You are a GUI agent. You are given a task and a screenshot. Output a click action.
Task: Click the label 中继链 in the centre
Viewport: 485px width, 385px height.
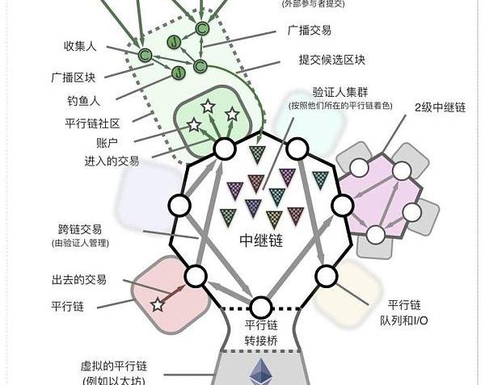click(x=261, y=241)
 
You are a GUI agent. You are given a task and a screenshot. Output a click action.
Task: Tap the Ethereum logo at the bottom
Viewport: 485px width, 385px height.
click(x=261, y=371)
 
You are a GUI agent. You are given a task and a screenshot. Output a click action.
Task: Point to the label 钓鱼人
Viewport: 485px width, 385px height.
click(x=84, y=101)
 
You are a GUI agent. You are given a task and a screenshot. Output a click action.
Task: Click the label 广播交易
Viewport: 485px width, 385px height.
click(x=310, y=30)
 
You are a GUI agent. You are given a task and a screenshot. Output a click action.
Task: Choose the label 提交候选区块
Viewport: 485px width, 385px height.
click(x=332, y=60)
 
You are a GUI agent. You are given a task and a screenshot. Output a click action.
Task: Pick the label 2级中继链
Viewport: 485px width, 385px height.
click(x=441, y=107)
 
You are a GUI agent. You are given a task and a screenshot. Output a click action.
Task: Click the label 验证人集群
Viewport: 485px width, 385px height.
click(x=340, y=92)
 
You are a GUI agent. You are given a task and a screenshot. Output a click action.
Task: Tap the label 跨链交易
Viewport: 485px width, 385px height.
click(x=80, y=229)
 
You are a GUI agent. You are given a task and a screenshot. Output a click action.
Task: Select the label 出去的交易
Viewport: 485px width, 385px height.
click(x=79, y=280)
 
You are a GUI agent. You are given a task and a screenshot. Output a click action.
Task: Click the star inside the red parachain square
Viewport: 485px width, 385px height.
click(x=158, y=305)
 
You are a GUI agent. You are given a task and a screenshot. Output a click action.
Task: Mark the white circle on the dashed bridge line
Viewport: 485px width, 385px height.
click(x=261, y=308)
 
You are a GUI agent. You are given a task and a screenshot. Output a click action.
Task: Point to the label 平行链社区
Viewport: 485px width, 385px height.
click(x=92, y=123)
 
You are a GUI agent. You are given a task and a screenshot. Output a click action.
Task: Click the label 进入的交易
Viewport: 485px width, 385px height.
click(x=112, y=161)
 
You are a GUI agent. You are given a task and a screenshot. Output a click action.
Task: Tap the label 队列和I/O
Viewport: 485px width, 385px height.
click(x=404, y=320)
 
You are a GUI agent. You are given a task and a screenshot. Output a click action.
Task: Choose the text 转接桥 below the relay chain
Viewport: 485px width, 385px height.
click(x=261, y=341)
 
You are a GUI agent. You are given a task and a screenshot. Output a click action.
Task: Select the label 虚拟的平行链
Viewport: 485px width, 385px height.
click(x=114, y=366)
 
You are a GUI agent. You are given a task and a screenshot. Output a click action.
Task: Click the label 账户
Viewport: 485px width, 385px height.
click(x=107, y=143)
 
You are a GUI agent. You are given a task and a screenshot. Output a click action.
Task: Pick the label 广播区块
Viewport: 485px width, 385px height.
click(x=74, y=77)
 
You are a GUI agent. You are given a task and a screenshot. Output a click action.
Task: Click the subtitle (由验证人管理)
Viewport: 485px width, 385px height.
click(x=80, y=243)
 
